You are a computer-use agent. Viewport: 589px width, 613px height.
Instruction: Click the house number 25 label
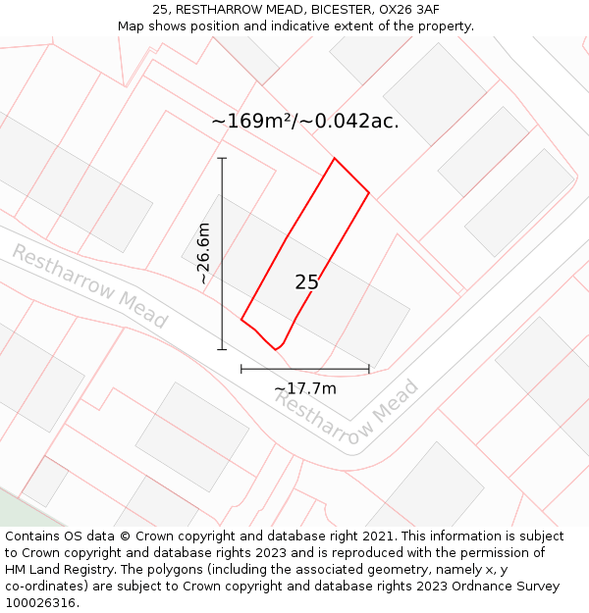click(x=306, y=282)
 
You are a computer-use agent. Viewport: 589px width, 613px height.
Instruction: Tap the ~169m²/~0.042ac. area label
click(x=304, y=122)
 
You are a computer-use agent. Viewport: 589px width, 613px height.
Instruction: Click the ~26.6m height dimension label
click(x=203, y=253)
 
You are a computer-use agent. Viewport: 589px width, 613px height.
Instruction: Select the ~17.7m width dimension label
click(x=305, y=388)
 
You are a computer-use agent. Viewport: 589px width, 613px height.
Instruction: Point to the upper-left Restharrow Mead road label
click(x=89, y=285)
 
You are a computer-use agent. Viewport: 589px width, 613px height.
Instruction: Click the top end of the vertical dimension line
click(x=222, y=158)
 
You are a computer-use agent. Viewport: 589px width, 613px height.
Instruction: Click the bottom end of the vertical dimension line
click(x=222, y=348)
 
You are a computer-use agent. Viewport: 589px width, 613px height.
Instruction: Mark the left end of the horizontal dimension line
click(x=241, y=369)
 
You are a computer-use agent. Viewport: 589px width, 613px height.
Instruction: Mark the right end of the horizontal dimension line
click(x=369, y=369)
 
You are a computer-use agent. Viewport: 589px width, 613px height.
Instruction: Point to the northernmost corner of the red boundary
click(x=335, y=158)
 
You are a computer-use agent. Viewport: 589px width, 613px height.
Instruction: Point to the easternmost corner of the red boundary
click(x=369, y=193)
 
